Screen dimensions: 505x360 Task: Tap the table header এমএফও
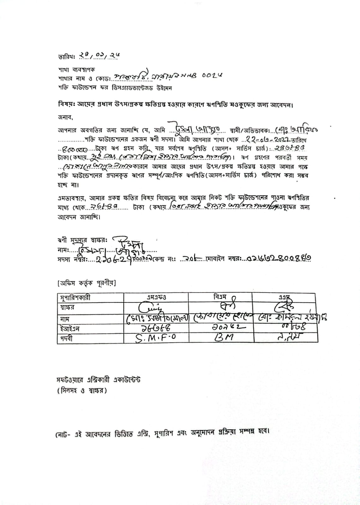(156, 297)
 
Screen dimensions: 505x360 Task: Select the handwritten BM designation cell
(224, 338)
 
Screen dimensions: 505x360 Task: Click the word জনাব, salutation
(65, 117)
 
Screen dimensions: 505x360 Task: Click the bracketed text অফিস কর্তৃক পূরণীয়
(87, 283)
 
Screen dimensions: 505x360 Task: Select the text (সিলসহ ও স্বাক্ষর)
(82, 390)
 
